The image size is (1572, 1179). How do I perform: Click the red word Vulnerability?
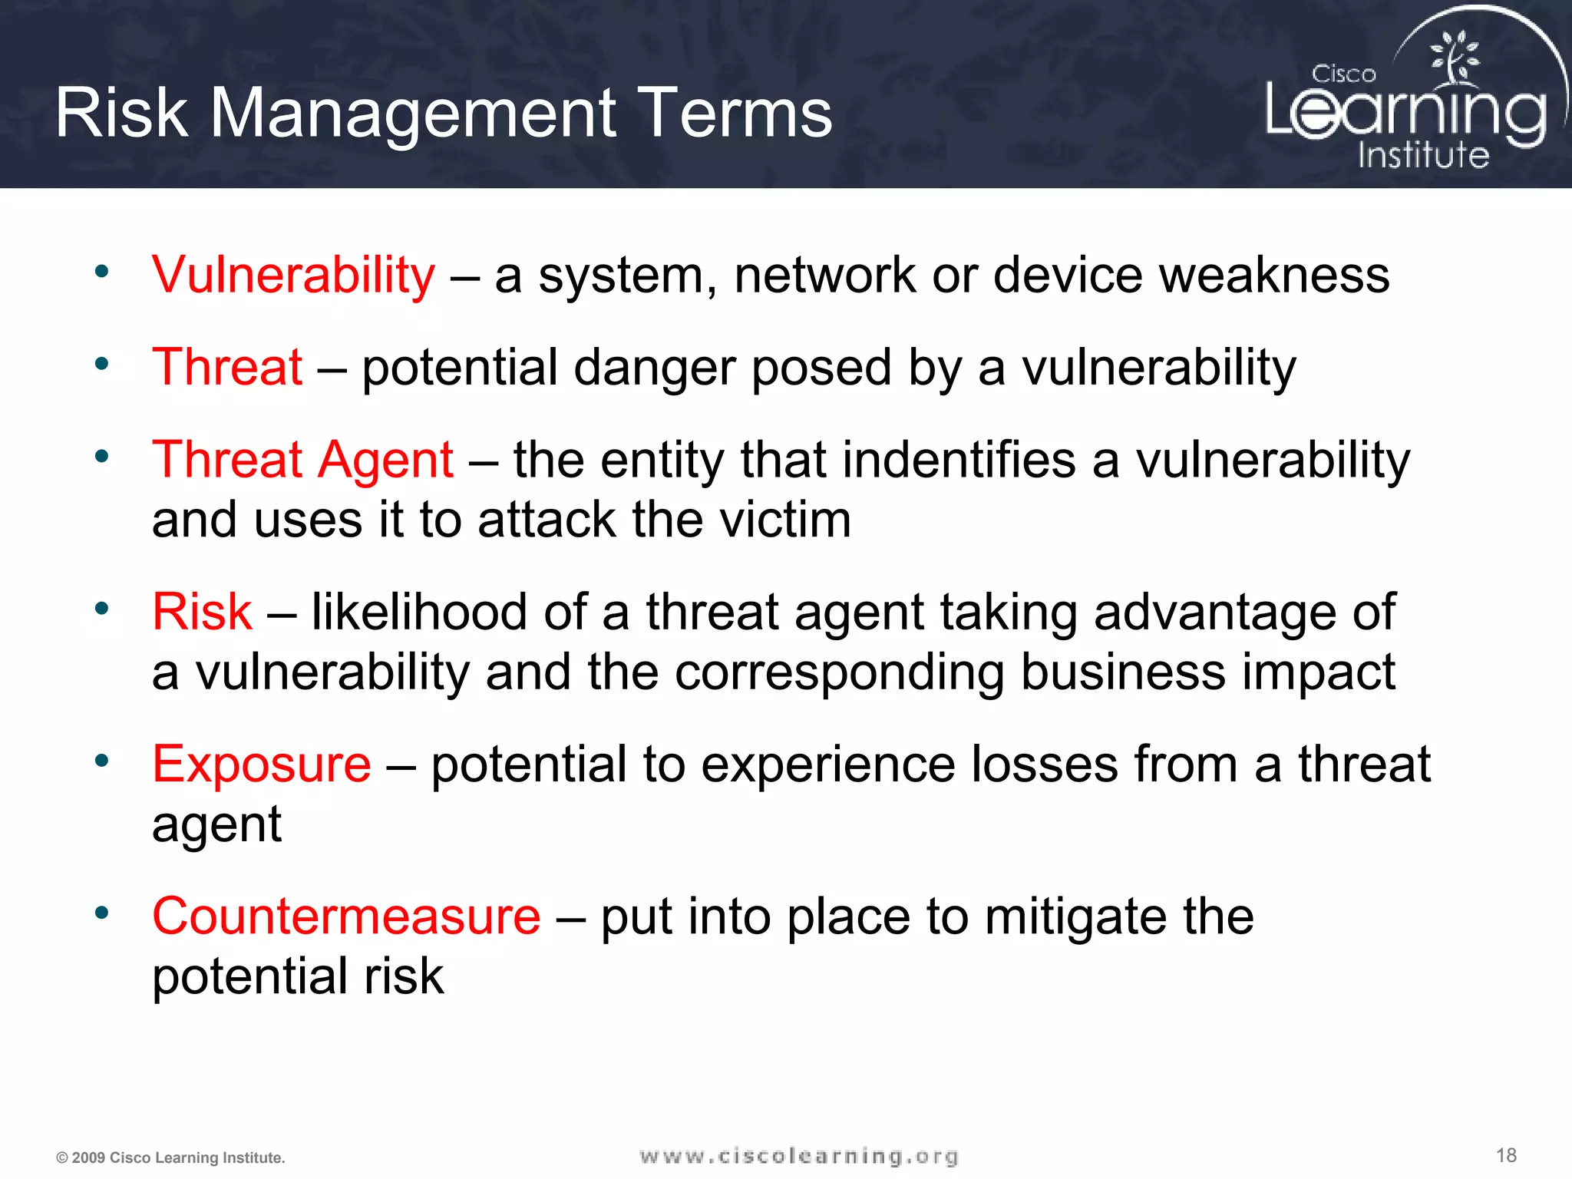pos(293,275)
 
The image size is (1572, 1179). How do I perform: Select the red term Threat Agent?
pos(302,460)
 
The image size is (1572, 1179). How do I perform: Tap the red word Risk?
pos(202,612)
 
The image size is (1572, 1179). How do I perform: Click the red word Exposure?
pos(261,764)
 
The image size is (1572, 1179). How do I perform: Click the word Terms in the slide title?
pos(735,113)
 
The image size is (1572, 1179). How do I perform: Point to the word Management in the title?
pos(414,113)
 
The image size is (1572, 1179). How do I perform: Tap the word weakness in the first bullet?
pos(1274,275)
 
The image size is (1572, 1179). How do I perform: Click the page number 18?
pos(1506,1155)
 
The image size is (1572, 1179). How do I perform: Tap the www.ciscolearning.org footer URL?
pos(798,1156)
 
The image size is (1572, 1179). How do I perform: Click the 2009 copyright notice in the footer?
pos(170,1158)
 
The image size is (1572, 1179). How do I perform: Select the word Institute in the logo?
pos(1423,154)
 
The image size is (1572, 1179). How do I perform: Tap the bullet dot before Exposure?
pos(101,761)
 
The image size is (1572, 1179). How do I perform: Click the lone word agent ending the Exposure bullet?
pos(216,825)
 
